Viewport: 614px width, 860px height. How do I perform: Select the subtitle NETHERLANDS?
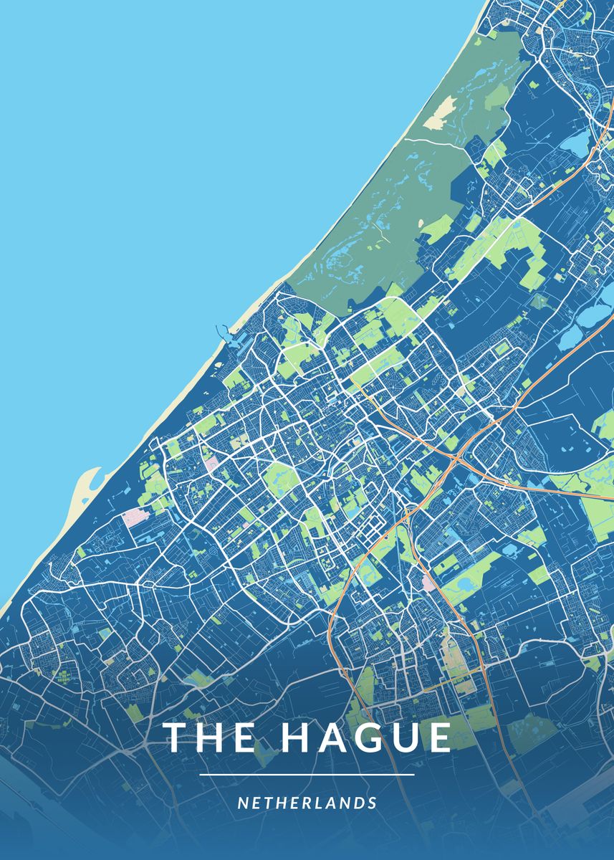(x=307, y=803)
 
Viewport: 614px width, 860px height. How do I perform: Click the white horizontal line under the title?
(x=307, y=775)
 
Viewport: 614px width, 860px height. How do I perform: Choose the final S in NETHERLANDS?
(x=373, y=803)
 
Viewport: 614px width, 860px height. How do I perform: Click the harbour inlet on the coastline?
(x=226, y=334)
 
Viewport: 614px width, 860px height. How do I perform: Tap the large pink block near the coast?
(x=136, y=517)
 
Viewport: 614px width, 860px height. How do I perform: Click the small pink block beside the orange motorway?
(x=428, y=583)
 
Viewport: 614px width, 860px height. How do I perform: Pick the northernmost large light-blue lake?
(x=575, y=143)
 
